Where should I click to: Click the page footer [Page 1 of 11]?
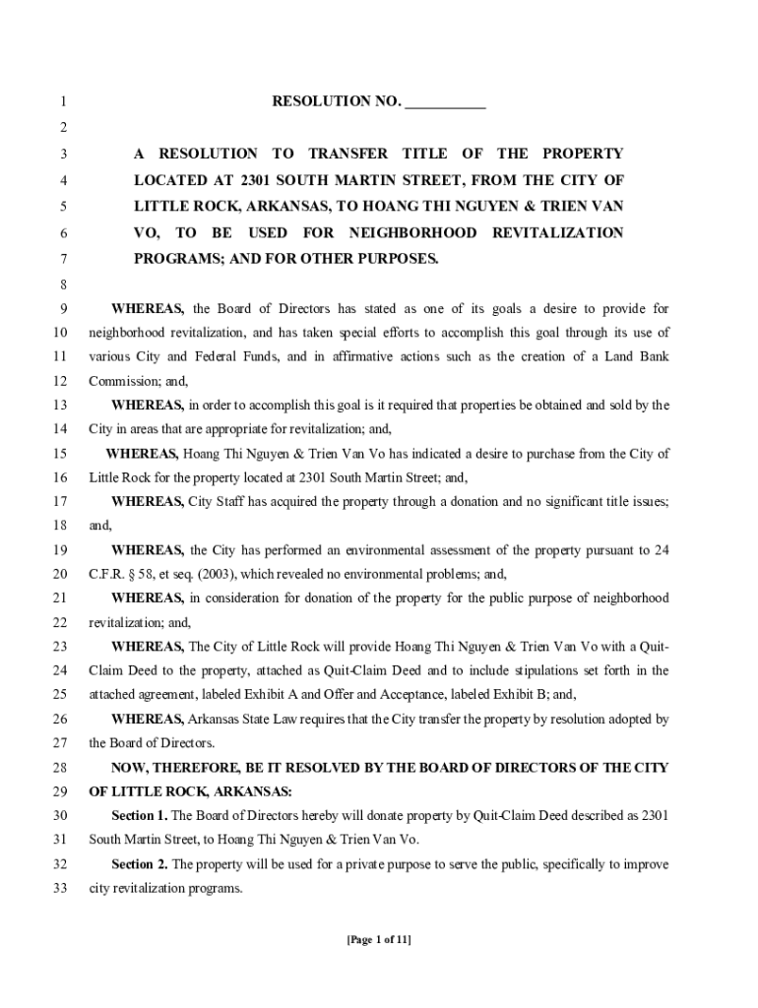tap(379, 939)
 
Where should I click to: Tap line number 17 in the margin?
tap(60, 502)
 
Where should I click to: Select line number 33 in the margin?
tap(60, 888)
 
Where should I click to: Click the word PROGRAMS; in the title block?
tap(173, 259)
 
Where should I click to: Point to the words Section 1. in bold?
tap(140, 815)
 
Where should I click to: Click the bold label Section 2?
tap(140, 864)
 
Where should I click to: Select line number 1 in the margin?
tap(63, 102)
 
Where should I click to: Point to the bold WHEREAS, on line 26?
tap(148, 719)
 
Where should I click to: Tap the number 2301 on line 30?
tap(655, 815)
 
